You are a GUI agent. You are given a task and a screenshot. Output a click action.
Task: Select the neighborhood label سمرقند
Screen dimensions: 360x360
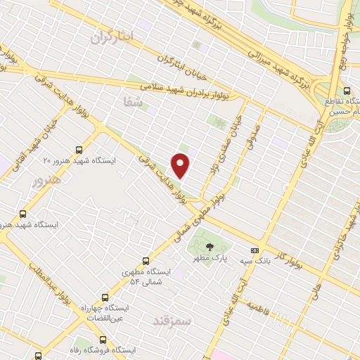pyautogui.click(x=171, y=321)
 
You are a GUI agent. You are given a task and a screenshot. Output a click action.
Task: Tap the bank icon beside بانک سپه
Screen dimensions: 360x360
pyautogui.click(x=255, y=250)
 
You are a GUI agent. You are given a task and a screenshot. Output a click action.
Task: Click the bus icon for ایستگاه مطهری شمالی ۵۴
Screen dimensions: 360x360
pyautogui.click(x=146, y=261)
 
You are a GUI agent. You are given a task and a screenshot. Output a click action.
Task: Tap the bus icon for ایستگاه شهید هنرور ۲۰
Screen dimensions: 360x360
pyautogui.click(x=78, y=149)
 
